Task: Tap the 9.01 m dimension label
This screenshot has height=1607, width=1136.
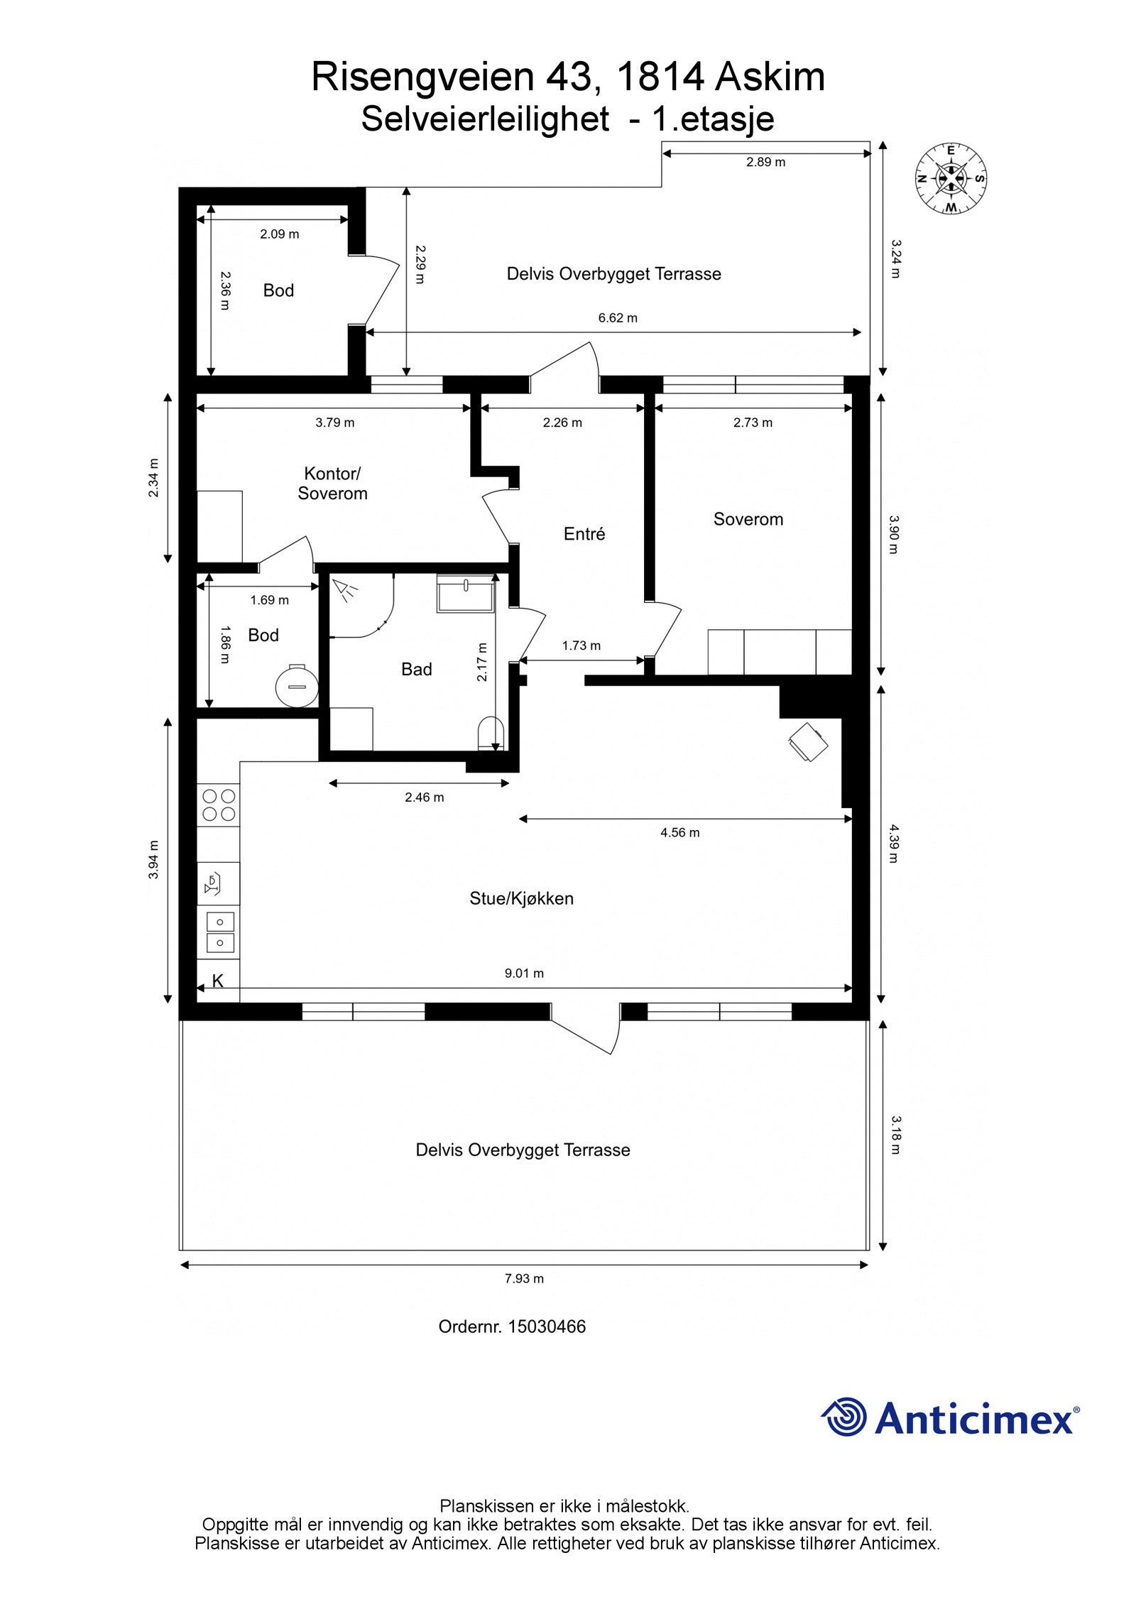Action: coord(524,973)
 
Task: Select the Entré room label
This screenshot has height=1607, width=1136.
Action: coord(584,533)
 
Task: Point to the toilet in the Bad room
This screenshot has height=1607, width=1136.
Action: coord(491,734)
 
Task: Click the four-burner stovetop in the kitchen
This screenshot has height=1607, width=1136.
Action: coord(219,805)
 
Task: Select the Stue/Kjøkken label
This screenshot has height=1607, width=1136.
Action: coord(521,898)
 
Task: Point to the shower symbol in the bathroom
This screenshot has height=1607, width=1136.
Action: coord(346,590)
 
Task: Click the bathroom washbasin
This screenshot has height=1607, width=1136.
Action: coord(465,593)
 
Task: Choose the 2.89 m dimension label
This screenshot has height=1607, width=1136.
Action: coord(765,162)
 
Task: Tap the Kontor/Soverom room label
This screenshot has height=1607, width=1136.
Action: coord(332,483)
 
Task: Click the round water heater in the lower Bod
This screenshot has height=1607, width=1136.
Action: coord(296,685)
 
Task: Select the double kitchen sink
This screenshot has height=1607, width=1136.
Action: coord(219,932)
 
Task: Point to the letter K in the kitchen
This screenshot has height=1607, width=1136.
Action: coord(218,981)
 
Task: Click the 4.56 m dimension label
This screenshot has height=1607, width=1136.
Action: coord(679,832)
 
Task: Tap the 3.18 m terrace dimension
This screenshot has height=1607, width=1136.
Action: coord(895,1135)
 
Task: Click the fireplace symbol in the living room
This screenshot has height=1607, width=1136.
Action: coord(808,742)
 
